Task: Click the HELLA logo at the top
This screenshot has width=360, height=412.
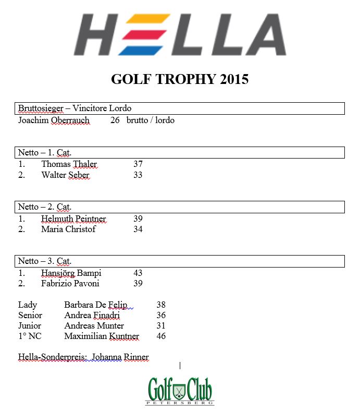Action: click(x=180, y=35)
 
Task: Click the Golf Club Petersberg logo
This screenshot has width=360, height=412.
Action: click(x=180, y=391)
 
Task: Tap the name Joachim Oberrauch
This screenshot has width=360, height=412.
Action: click(x=54, y=120)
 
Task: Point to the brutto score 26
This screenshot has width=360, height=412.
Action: click(x=115, y=120)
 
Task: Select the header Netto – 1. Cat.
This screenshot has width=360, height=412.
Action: click(x=44, y=153)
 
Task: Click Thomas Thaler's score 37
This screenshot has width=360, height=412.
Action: click(x=138, y=164)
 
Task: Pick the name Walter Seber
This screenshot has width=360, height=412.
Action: click(x=65, y=175)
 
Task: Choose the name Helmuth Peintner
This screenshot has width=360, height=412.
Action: click(x=73, y=219)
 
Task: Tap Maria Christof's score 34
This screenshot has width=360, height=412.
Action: click(x=138, y=229)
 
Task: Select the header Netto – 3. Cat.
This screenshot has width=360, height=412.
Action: click(x=44, y=261)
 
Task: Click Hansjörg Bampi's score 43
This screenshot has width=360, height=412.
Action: click(x=138, y=273)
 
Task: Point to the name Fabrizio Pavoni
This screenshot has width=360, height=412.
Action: click(x=70, y=284)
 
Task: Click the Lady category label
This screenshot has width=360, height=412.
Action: click(x=28, y=305)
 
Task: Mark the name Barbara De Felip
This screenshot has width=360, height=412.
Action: click(x=95, y=305)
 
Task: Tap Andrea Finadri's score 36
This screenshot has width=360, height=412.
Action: click(x=161, y=316)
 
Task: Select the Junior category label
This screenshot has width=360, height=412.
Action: click(x=30, y=326)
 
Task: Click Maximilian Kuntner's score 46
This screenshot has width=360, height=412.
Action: click(x=161, y=336)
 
